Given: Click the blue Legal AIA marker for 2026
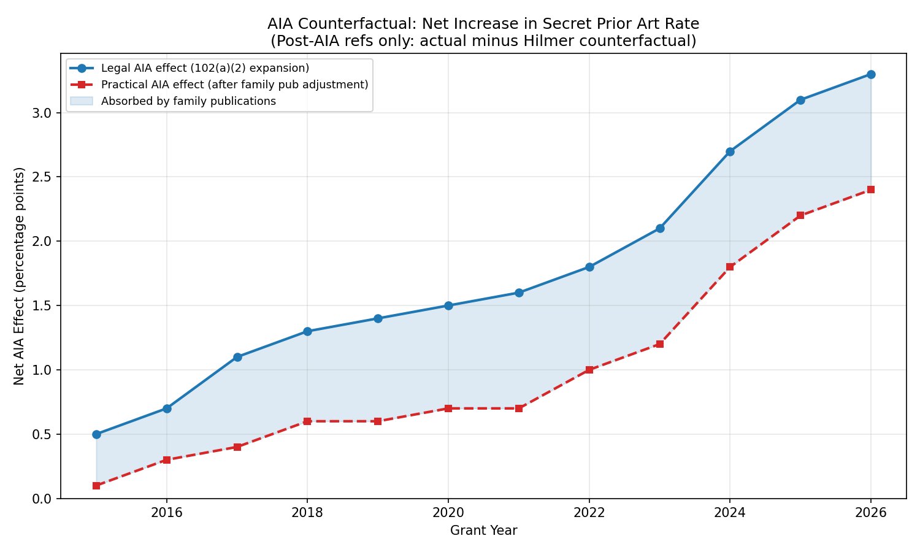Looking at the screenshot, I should point(870,74).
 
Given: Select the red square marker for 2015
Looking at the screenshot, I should point(96,485).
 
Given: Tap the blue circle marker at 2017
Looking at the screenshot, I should point(237,357).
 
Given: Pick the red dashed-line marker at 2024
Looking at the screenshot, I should point(730,267).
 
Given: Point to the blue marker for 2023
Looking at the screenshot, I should point(660,228).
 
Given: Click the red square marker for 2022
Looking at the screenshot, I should point(589,370).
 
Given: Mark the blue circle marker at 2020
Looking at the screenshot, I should point(448,305).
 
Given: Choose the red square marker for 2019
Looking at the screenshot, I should point(378,421).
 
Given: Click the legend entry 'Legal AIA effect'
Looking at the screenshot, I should point(205,68).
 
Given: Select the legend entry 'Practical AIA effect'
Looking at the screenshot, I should point(234,85).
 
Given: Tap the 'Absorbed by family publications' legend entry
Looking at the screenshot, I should point(188,101).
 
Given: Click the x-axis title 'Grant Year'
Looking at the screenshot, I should point(483,531).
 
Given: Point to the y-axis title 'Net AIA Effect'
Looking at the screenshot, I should point(20,276).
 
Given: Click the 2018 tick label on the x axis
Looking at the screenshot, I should point(307,513).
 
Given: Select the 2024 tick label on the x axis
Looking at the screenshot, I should point(730,513).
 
